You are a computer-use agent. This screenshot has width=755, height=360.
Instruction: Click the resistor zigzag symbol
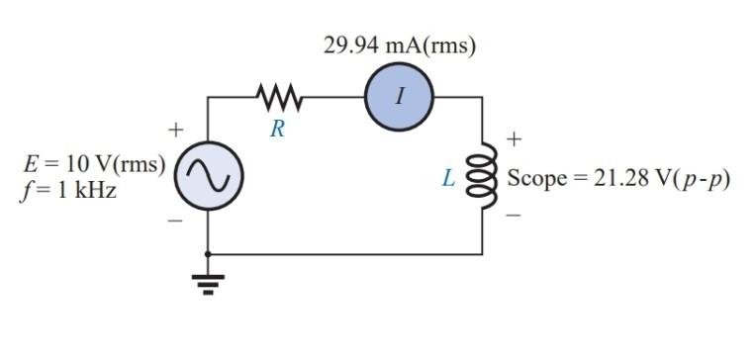tap(278, 97)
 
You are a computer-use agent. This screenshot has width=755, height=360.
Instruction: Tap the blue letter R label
tap(278, 130)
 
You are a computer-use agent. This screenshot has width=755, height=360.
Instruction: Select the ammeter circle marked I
tap(399, 97)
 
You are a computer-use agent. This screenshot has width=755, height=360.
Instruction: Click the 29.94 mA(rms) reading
tap(400, 45)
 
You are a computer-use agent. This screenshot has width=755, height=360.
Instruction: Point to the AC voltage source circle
tap(207, 179)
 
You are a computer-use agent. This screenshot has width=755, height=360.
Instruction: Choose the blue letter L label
tap(449, 180)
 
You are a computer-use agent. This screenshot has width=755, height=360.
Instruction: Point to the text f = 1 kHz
tap(67, 192)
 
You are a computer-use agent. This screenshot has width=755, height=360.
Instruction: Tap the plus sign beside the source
tap(175, 130)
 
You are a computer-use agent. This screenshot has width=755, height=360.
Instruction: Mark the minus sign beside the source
tap(175, 222)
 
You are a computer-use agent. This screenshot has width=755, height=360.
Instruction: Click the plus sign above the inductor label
tap(514, 139)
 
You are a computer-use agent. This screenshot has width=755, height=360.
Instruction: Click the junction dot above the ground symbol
tap(207, 254)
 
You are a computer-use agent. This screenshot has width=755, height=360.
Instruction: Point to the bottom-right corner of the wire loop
tap(483, 254)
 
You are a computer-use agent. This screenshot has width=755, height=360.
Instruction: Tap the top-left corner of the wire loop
tap(207, 97)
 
